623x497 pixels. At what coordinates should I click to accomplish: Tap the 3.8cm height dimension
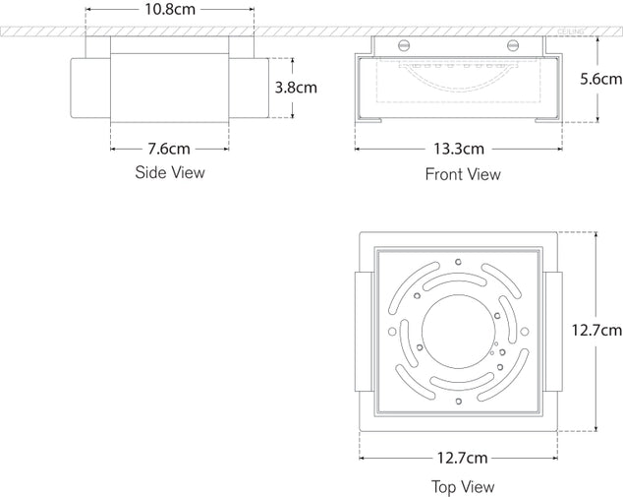pyautogui.click(x=296, y=87)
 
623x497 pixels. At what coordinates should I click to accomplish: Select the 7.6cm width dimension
pyautogui.click(x=168, y=150)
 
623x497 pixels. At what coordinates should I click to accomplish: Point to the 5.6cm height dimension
pyautogui.click(x=599, y=79)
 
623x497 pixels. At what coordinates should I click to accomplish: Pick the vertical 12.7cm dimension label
pyautogui.click(x=597, y=331)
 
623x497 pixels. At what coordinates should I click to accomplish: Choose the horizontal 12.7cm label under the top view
pyautogui.click(x=462, y=458)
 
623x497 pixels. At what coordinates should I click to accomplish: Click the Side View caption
pyautogui.click(x=169, y=173)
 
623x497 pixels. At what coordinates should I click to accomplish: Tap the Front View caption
pyautogui.click(x=462, y=174)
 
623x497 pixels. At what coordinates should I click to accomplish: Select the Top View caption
pyautogui.click(x=462, y=486)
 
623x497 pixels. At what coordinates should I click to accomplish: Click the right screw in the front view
pyautogui.click(x=512, y=45)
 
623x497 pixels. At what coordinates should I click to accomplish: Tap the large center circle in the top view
pyautogui.click(x=458, y=331)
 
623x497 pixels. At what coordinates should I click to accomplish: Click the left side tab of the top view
pyautogui.click(x=364, y=331)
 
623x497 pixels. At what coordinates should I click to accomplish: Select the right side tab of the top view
pyautogui.click(x=552, y=331)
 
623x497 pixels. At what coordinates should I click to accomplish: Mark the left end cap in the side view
pyautogui.click(x=90, y=87)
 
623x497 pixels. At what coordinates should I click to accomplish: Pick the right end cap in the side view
pyautogui.click(x=248, y=87)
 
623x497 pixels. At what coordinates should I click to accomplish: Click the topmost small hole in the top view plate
pyautogui.click(x=458, y=262)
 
